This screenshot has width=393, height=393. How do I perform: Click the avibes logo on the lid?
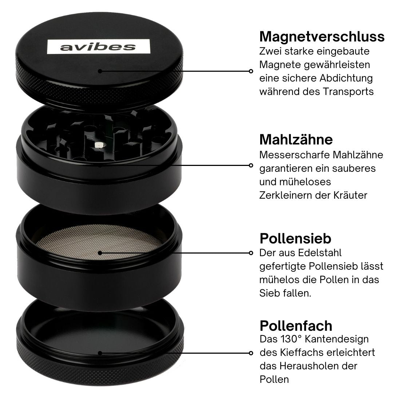pos(99,47)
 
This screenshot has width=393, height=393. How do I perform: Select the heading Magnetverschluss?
pos(322,37)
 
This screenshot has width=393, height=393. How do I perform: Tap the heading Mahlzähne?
pos(296,140)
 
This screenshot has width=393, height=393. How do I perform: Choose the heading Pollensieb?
pos(295,238)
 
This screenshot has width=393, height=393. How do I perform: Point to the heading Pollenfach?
pos(296,326)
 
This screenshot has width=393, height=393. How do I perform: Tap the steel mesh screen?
pos(99,242)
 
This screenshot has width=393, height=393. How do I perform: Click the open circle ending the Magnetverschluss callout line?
pos(251,71)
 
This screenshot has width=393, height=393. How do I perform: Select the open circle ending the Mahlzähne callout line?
pos(251,166)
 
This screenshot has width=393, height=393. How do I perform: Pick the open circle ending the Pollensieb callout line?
pos(251,253)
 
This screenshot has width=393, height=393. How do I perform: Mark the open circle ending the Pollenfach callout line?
pos(251,353)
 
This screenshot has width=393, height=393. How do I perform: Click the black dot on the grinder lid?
pos(100,71)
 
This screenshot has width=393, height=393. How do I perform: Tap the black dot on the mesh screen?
pos(100,253)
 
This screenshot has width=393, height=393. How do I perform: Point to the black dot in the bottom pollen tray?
pos(100,353)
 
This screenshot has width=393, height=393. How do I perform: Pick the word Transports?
pos(348,92)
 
